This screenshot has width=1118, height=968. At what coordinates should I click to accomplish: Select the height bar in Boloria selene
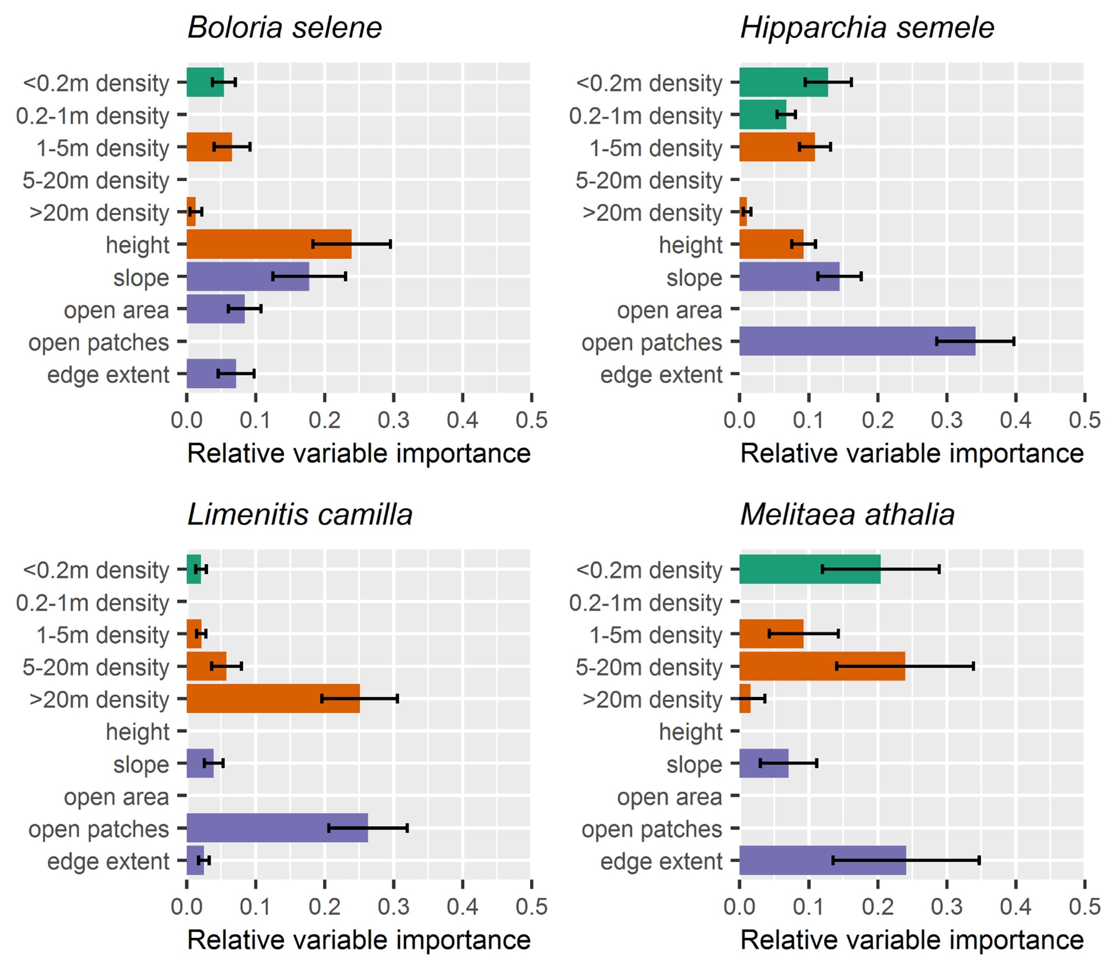269,244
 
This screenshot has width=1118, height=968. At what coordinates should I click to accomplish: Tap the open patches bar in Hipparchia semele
857,341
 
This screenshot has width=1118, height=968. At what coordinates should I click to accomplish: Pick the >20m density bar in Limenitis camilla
273,699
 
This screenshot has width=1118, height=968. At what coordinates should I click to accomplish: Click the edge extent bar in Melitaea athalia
822,861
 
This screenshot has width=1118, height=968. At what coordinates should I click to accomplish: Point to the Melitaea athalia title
847,514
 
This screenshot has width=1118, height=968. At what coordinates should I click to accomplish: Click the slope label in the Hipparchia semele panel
694,278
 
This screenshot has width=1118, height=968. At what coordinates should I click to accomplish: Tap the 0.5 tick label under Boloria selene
532,420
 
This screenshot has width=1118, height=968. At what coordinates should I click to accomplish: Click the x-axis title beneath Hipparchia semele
911,453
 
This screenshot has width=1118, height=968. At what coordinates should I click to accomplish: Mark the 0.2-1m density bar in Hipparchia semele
762,114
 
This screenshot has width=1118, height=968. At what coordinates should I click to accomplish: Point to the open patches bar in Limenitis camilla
277,828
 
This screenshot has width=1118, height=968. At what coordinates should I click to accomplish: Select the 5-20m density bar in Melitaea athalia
822,666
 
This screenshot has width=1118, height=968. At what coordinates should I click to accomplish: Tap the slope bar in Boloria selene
247,276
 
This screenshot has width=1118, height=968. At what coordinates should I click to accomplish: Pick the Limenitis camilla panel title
300,514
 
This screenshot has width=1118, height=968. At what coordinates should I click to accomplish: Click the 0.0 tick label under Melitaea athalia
739,907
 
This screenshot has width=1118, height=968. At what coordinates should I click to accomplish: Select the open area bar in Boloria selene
216,309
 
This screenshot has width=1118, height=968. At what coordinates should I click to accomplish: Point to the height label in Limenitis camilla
137,732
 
